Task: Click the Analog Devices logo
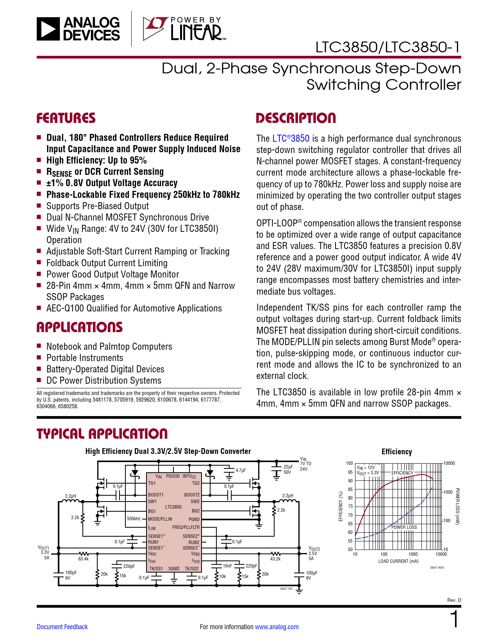click(x=78, y=28)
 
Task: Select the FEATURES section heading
click(x=66, y=118)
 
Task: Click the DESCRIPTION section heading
click(x=296, y=118)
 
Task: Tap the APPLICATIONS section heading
click(x=80, y=327)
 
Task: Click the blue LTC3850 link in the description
click(x=291, y=139)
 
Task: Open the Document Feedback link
click(x=62, y=627)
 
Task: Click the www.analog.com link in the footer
click(x=277, y=627)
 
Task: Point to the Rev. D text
click(x=454, y=600)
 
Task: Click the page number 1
click(x=454, y=620)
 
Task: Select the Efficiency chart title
click(x=396, y=452)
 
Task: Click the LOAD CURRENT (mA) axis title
click(x=398, y=561)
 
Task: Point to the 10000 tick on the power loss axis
click(x=449, y=463)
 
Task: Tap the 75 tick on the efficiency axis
click(x=350, y=507)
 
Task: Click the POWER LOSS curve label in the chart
click(x=404, y=527)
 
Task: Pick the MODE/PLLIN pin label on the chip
click(x=160, y=519)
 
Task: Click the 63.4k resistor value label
click(x=83, y=559)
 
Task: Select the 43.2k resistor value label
click(x=275, y=559)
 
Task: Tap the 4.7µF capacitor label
click(x=241, y=470)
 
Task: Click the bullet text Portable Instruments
click(x=85, y=358)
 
